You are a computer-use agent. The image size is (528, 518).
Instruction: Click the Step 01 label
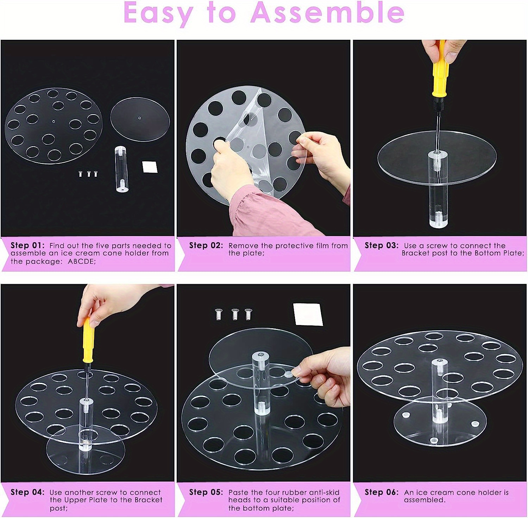tap(27, 245)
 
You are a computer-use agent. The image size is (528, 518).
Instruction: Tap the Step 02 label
tap(206, 245)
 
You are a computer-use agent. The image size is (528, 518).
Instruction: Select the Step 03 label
tap(382, 245)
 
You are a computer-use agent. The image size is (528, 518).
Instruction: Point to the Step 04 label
tap(27, 492)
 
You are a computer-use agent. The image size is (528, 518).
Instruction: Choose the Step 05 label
tap(206, 492)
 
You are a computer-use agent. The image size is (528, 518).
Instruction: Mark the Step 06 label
tap(382, 492)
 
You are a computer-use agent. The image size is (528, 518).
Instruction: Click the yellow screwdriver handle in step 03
tap(439, 74)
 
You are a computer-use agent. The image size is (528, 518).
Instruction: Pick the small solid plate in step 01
tap(140, 119)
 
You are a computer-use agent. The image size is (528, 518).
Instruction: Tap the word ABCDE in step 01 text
tap(82, 261)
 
